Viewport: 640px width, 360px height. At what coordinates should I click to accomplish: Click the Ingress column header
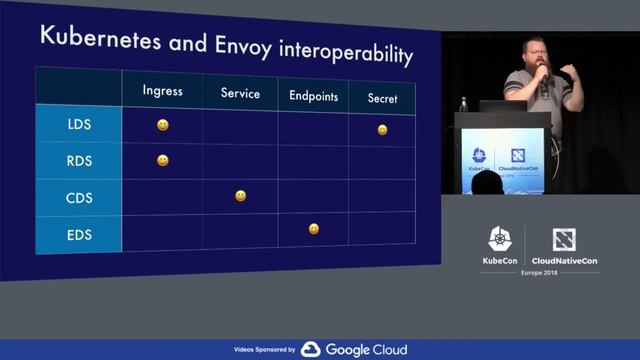pos(162,90)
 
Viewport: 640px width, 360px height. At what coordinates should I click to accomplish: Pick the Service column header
pos(240,94)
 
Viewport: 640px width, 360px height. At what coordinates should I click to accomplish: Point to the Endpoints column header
pos(313,97)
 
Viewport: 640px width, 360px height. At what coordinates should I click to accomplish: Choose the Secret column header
pos(382,99)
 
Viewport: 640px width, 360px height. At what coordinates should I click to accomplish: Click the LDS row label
pos(79,126)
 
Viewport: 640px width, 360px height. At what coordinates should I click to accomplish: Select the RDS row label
pos(79,161)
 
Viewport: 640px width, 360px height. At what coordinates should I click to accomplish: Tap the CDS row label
pos(79,197)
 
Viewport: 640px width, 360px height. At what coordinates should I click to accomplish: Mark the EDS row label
pos(79,233)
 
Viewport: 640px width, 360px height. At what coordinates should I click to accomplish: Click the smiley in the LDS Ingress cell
pos(162,125)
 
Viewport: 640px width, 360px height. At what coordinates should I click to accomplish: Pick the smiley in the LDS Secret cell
pos(382,130)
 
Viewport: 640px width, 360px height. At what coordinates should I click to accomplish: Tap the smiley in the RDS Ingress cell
pos(162,160)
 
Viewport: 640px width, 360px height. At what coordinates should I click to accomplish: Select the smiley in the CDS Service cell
pos(240,196)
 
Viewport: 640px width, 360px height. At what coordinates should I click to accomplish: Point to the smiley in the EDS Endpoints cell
pos(313,229)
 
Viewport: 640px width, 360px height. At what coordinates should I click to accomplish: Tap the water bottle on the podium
pos(463,104)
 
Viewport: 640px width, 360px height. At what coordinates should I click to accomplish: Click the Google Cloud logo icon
pos(310,349)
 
